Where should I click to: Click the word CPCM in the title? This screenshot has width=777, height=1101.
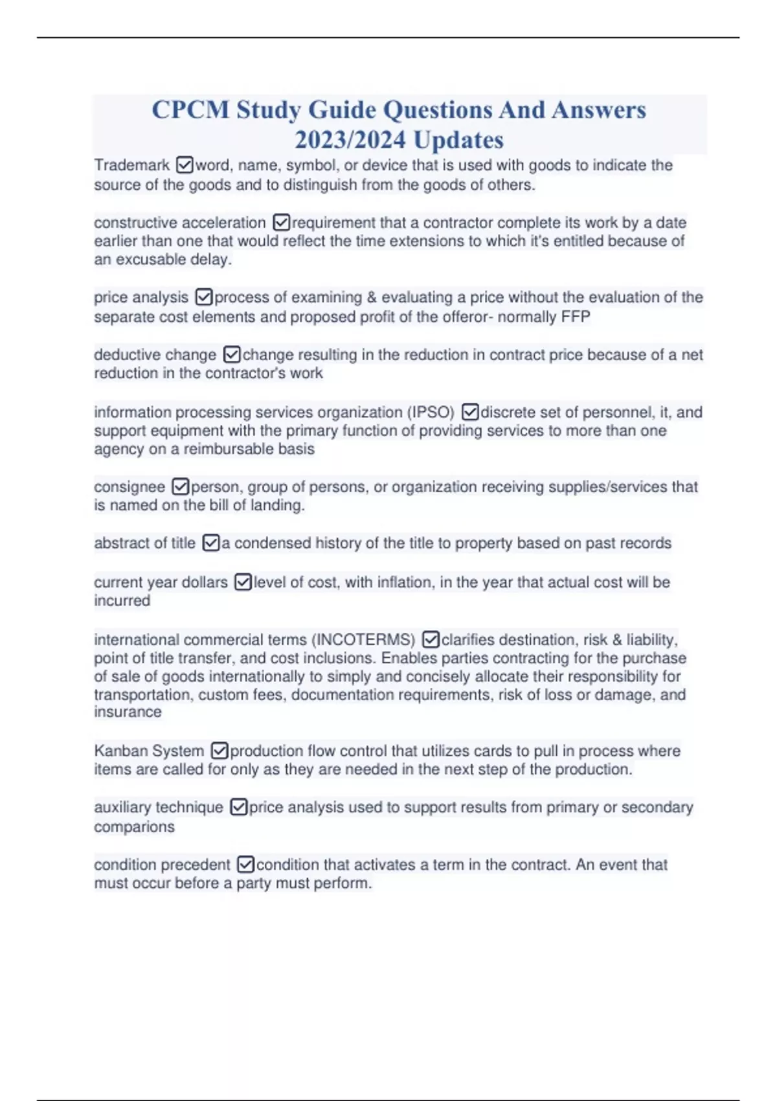[190, 110]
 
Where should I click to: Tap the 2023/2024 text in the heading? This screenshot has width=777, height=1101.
[350, 140]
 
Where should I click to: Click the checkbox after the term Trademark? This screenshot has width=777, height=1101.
[185, 166]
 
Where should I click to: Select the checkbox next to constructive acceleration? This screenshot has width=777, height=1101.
[282, 223]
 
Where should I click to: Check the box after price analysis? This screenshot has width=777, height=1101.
[204, 297]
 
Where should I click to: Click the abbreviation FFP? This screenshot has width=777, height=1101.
[576, 317]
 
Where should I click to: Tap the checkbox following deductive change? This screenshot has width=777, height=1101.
[232, 355]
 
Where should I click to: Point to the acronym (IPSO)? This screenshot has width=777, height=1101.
[431, 413]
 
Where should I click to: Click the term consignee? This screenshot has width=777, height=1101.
[129, 487]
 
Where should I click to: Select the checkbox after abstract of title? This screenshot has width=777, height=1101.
[211, 543]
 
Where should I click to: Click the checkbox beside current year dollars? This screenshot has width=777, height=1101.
[243, 582]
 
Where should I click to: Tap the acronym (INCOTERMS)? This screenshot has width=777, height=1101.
[363, 640]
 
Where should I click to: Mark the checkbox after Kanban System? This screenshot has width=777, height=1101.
[220, 751]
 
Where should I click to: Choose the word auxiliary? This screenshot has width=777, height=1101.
[122, 808]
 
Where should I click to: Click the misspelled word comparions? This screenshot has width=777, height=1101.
[134, 827]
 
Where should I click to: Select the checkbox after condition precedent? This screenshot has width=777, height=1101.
[246, 865]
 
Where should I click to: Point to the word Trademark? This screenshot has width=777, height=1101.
[131, 166]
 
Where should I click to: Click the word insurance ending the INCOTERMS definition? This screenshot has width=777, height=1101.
[128, 712]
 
